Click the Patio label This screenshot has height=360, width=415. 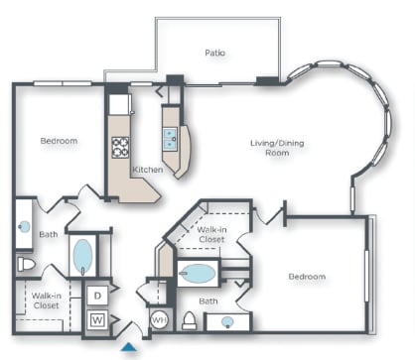pos(215,53)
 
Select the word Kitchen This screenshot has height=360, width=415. pos(148,170)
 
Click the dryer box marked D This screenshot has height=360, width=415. pos(97,296)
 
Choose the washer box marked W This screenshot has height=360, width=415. pos(97,319)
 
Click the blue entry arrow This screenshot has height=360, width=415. pos(129,347)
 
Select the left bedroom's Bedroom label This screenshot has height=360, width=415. pos(59,141)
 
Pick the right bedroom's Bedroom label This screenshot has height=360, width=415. pos(308,277)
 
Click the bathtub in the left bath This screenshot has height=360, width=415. pos(82,256)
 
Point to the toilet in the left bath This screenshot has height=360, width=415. pos(27,264)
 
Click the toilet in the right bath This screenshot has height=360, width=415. pos(189,319)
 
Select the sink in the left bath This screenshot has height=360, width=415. pos(25,225)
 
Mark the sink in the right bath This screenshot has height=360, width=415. pos(228,321)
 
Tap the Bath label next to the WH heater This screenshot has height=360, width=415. pos(207,300)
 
